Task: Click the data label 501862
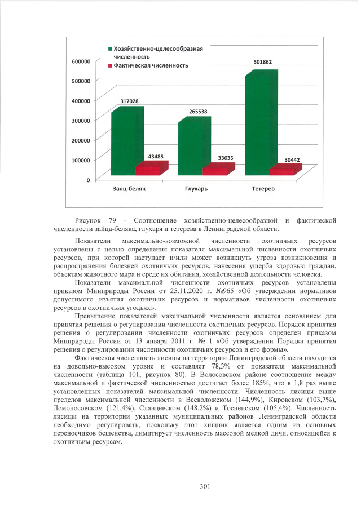(x=265, y=61)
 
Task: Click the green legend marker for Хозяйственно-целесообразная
(x=110, y=49)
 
